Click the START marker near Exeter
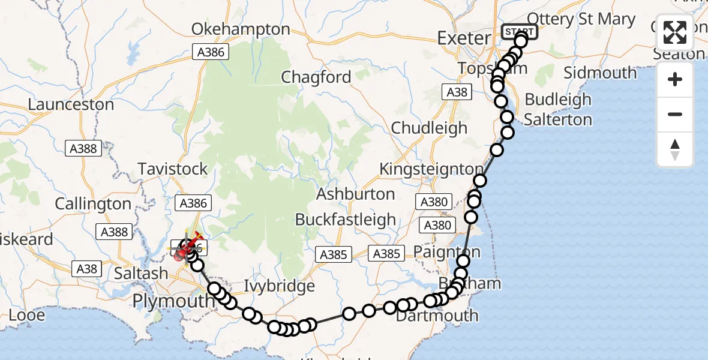pyautogui.click(x=519, y=31)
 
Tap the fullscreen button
pyautogui.click(x=675, y=32)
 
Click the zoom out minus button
pyautogui.click(x=675, y=114)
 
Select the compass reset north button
pyautogui.click(x=675, y=149)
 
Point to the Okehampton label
pyautogui.click(x=241, y=29)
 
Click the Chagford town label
pyautogui.click(x=316, y=77)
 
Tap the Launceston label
pyautogui.click(x=71, y=104)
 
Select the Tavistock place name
pyautogui.click(x=173, y=169)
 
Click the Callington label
pyautogui.click(x=93, y=204)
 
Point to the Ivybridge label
pyautogui.click(x=280, y=286)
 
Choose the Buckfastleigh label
pyautogui.click(x=346, y=220)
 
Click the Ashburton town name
pyautogui.click(x=355, y=194)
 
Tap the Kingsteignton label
pyautogui.click(x=431, y=169)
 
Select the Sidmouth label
pyautogui.click(x=600, y=73)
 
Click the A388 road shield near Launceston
pyautogui.click(x=83, y=148)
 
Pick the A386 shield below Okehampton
pyautogui.click(x=212, y=52)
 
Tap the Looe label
pyautogui.click(x=26, y=315)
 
